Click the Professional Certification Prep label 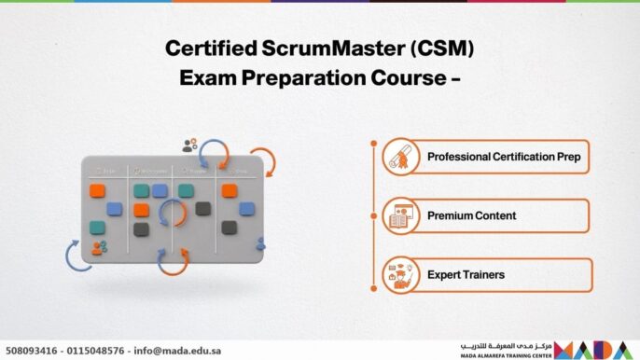coord(504,157)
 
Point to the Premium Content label coord(471,215)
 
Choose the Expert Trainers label coord(466,275)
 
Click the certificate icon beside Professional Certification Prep coord(399,157)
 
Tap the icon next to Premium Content coord(399,215)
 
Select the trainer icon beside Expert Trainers coord(399,275)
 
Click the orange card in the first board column coord(97,190)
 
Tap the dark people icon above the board coord(190,145)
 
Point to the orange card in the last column coord(230,190)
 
